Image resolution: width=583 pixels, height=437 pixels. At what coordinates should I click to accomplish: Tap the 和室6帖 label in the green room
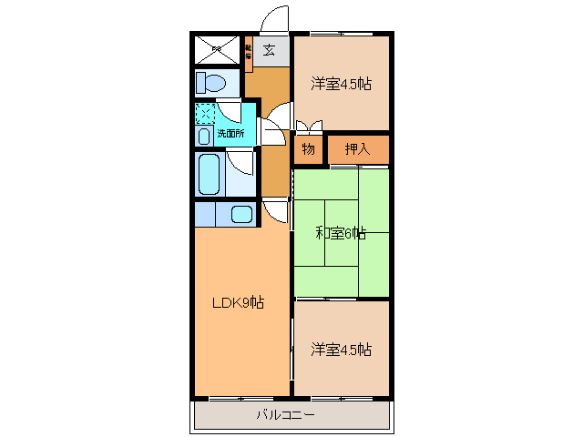point(341,233)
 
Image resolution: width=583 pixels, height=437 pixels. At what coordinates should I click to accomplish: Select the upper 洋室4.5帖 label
point(341,85)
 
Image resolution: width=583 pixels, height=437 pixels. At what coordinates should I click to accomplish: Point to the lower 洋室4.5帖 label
point(341,349)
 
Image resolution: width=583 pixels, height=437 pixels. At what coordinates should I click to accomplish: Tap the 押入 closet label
point(357,148)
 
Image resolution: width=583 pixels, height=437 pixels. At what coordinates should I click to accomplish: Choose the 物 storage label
point(309,148)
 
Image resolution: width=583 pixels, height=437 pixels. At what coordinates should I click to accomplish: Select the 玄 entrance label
point(270,51)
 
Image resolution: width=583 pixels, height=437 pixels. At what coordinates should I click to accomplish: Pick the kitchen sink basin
point(241,215)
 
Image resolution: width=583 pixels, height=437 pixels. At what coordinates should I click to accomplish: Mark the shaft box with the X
point(217,49)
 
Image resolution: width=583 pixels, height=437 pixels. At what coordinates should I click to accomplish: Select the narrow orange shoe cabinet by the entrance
point(248,54)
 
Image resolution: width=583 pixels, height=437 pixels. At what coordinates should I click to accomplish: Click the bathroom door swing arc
point(241,162)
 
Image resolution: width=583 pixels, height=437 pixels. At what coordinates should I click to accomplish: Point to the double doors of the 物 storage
point(309,127)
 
